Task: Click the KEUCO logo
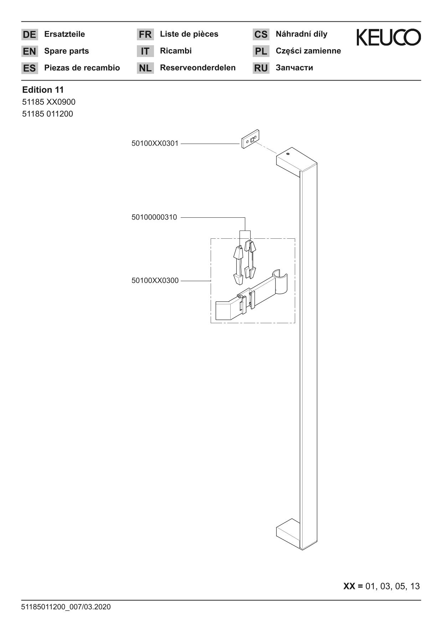[389, 37]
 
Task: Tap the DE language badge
[30, 35]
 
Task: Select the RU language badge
[261, 68]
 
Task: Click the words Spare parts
[67, 51]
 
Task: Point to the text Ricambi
[176, 51]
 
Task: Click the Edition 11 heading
[43, 90]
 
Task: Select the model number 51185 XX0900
[49, 102]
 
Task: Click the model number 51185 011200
[47, 114]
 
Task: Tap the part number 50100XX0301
[155, 144]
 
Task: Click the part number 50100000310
[154, 217]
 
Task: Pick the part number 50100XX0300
[155, 281]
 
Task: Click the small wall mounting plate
[251, 139]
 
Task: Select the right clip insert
[251, 259]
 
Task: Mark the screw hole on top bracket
[288, 154]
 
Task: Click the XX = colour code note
[381, 586]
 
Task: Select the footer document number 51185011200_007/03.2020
[66, 607]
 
